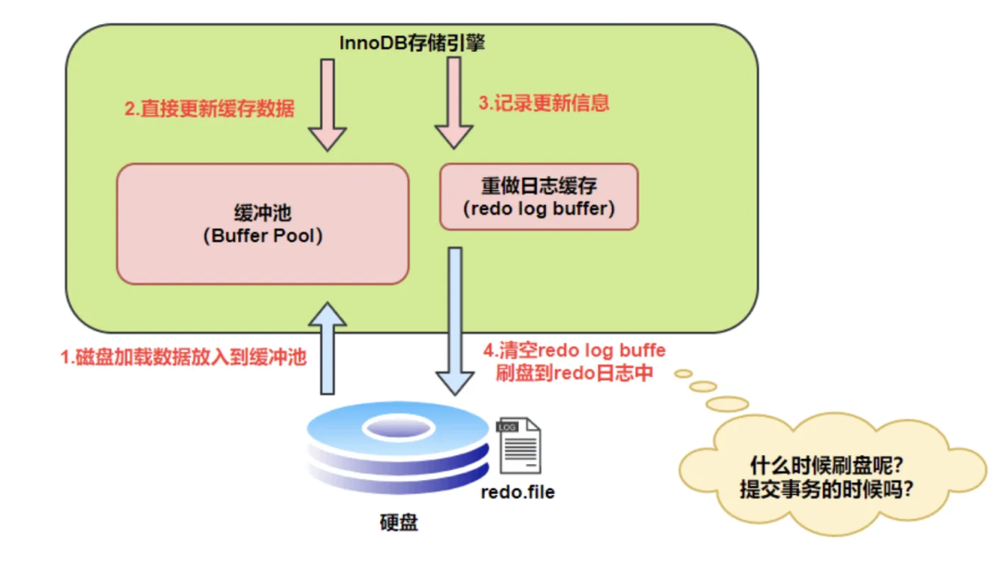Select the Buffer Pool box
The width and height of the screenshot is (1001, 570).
point(262,223)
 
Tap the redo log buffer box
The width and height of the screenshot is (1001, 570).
point(539,196)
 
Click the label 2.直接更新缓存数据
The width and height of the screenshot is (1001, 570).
point(209,108)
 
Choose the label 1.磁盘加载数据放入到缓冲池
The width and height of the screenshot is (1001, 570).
point(184,357)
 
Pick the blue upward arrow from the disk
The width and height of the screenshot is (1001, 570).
point(327,348)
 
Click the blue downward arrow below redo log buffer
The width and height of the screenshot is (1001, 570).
point(453,320)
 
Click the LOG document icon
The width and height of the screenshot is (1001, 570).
point(519,446)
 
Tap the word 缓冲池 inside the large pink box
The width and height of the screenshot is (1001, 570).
point(262,211)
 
